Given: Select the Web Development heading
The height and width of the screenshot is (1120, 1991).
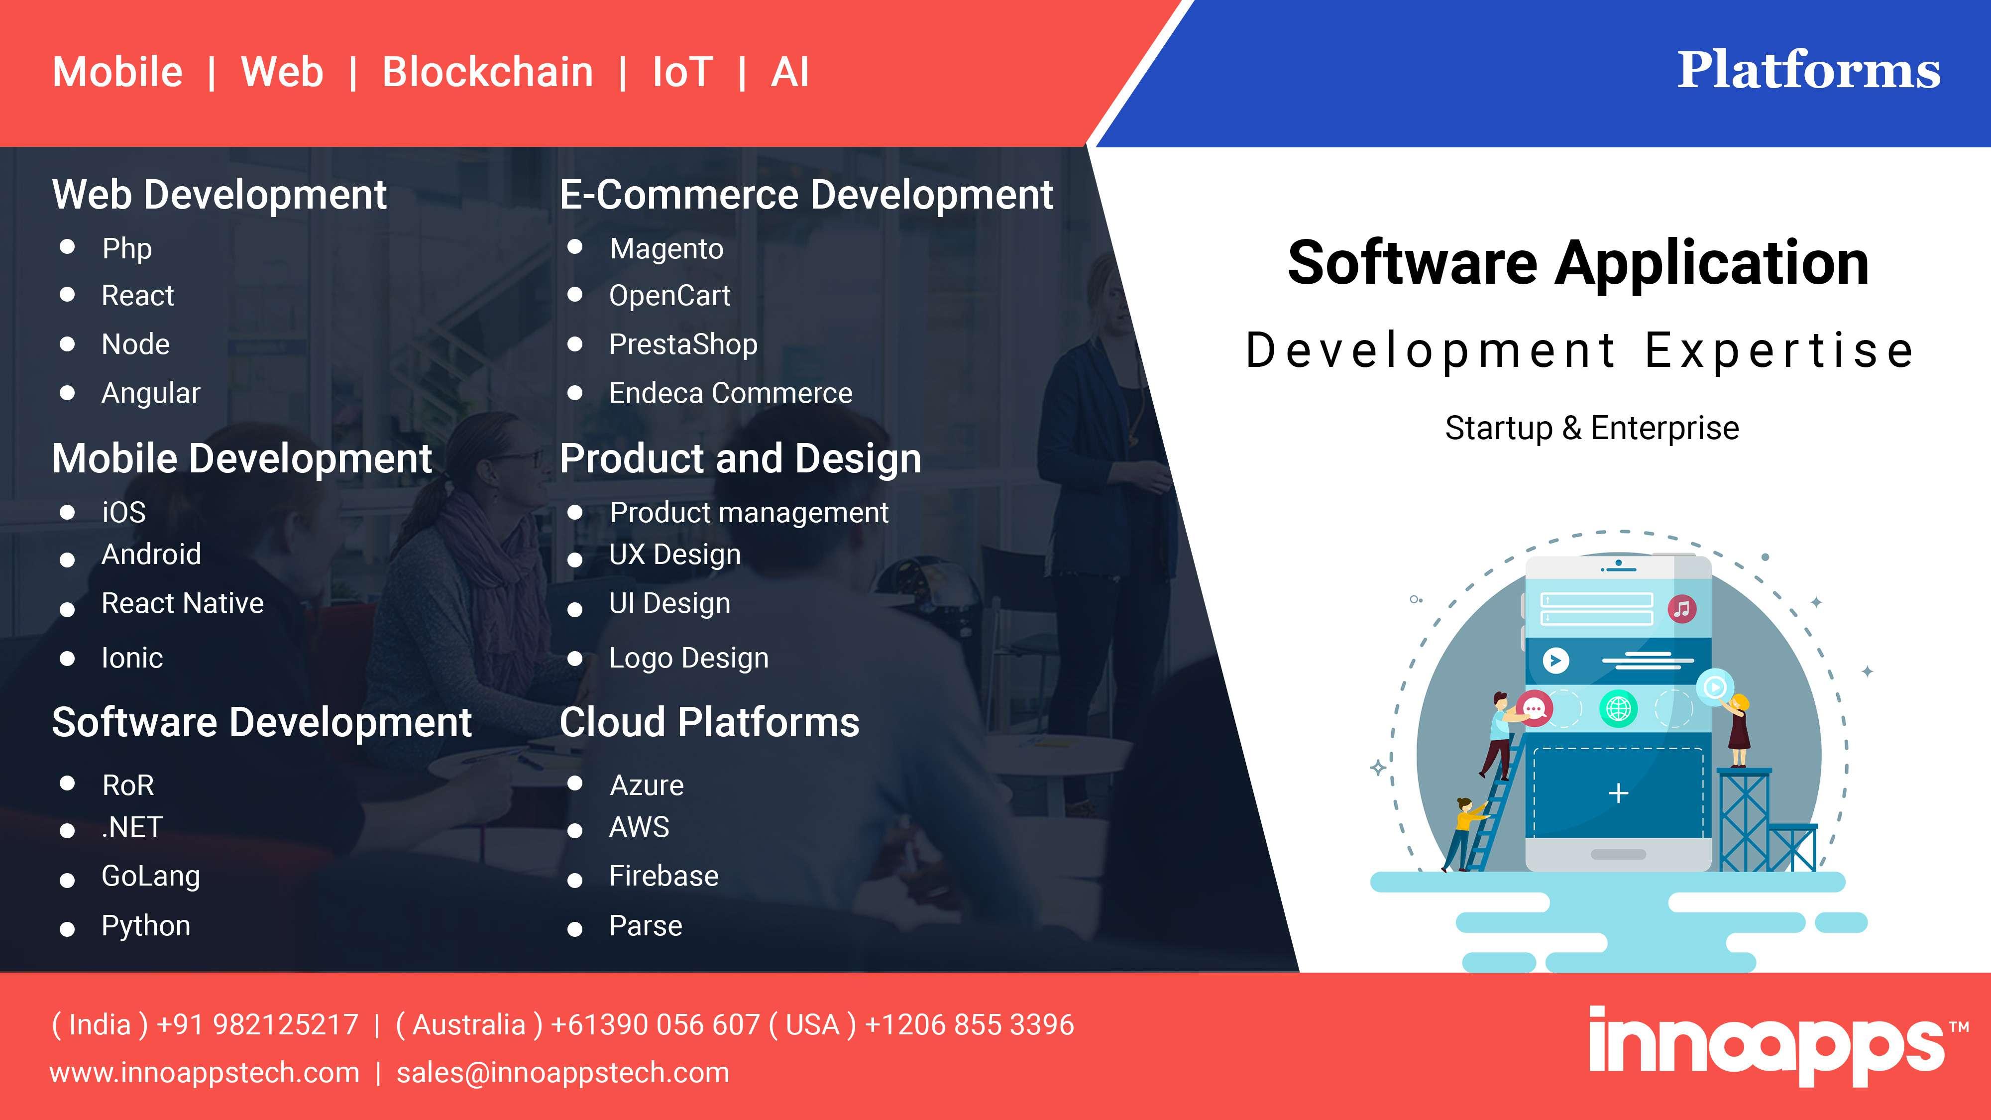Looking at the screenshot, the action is coord(220,195).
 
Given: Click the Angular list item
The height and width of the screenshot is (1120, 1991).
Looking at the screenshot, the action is coord(151,393).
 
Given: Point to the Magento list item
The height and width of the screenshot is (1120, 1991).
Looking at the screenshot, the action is coord(666,249).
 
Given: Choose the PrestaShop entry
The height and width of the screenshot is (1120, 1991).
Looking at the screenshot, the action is coord(683,345).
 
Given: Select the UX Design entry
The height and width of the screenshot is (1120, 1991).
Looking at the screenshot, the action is coord(675,555).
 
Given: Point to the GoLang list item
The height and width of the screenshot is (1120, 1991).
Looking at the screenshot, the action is coord(151,877).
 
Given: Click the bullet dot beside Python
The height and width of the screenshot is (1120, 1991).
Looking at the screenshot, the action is coord(67,930).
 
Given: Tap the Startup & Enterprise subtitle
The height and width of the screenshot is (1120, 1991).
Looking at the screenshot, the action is coord(1592,428).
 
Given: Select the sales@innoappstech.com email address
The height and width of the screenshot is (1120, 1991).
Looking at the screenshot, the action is coord(562,1073).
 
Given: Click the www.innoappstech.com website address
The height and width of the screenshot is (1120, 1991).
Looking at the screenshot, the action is coord(205,1073).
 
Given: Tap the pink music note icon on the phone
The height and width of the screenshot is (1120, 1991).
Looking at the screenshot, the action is coord(1682,609).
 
